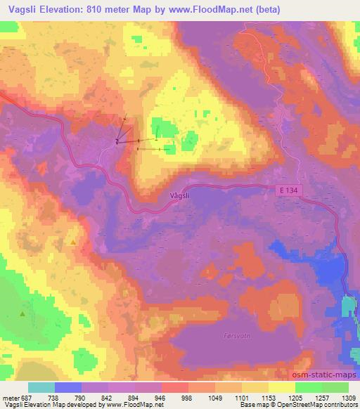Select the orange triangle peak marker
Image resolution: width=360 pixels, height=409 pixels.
(74, 242)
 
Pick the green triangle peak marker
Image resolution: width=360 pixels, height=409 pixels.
(22, 314)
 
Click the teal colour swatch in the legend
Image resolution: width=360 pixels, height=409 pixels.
(41, 387)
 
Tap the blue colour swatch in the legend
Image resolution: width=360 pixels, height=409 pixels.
(68, 387)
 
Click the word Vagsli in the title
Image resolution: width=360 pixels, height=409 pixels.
(24, 10)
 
